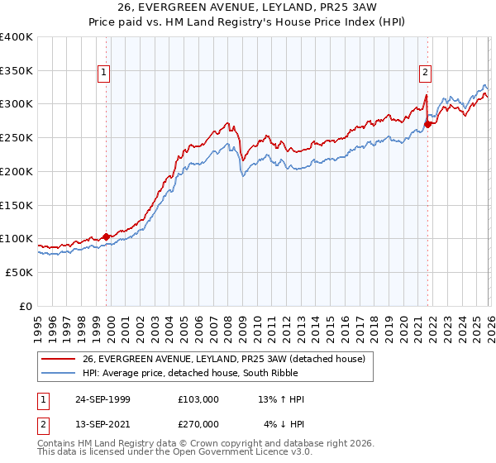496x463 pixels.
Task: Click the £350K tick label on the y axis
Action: click(17, 70)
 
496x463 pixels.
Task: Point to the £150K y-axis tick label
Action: click(17, 204)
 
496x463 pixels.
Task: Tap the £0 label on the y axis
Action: click(25, 306)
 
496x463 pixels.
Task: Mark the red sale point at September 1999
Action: click(106, 236)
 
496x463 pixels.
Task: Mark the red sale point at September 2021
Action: click(427, 125)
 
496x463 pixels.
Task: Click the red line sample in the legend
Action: click(58, 359)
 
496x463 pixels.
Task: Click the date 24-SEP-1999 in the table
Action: click(102, 399)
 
